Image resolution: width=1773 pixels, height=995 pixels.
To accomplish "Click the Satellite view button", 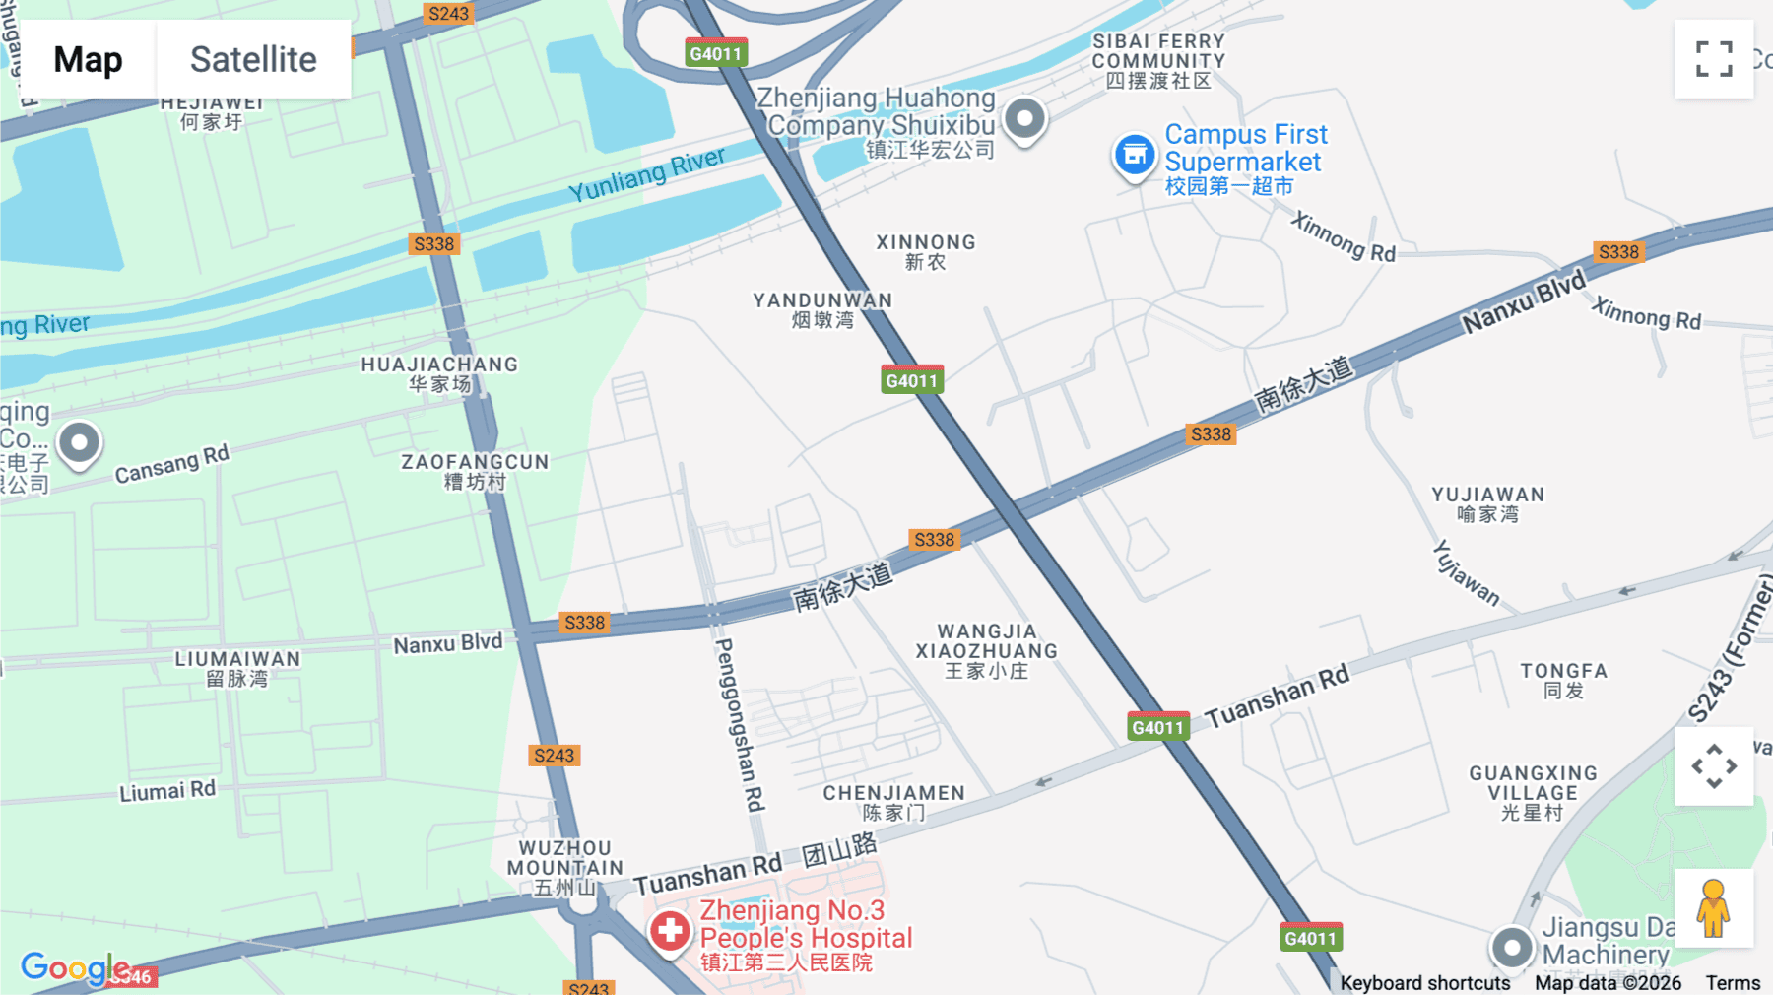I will [253, 59].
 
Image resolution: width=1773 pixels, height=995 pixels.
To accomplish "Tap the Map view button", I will [88, 59].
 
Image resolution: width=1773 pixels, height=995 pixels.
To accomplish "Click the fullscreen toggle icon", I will [1714, 59].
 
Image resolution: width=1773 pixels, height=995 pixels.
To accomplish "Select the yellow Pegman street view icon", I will [1713, 908].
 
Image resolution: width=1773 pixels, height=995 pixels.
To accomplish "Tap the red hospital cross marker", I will [670, 929].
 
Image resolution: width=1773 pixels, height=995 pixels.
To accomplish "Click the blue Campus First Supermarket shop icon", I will [1135, 155].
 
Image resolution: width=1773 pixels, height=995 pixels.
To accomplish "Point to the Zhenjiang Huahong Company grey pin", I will [1024, 119].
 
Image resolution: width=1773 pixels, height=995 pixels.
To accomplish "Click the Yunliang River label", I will [646, 173].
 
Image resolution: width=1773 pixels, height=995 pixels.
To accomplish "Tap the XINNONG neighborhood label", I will [926, 251].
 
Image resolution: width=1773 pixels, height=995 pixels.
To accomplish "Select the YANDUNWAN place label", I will [822, 309].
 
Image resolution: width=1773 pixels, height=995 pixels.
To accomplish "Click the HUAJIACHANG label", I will [439, 373].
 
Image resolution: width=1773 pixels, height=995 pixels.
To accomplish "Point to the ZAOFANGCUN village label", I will [475, 471].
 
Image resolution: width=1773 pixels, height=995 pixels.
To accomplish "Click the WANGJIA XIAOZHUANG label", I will [986, 650].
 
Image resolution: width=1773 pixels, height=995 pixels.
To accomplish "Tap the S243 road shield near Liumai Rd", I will [554, 756].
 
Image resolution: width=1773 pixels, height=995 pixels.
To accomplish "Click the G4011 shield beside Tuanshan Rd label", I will [1158, 727].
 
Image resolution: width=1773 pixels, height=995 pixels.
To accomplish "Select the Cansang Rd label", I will [171, 464].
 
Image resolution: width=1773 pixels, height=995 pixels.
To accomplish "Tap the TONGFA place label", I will [1563, 680].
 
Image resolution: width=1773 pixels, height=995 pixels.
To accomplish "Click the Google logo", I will [75, 967].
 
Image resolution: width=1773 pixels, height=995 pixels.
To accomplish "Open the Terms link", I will [1733, 982].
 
